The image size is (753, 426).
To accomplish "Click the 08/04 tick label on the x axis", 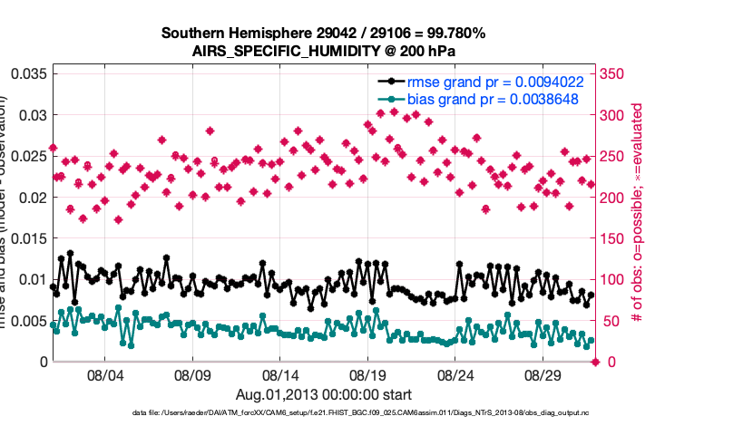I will pos(104,374).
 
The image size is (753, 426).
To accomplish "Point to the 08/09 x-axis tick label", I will pos(192,374).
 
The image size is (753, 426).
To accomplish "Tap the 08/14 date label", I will pos(280,374).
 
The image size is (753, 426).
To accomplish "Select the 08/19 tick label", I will pos(367,374).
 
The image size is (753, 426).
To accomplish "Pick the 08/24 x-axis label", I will pos(455,374).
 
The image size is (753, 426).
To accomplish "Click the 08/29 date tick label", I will pos(543,374).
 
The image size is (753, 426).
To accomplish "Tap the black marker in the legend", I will pos(390,81).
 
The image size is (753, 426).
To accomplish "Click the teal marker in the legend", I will pos(390,99).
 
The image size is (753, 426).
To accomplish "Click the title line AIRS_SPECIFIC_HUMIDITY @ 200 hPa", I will pos(323,51).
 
